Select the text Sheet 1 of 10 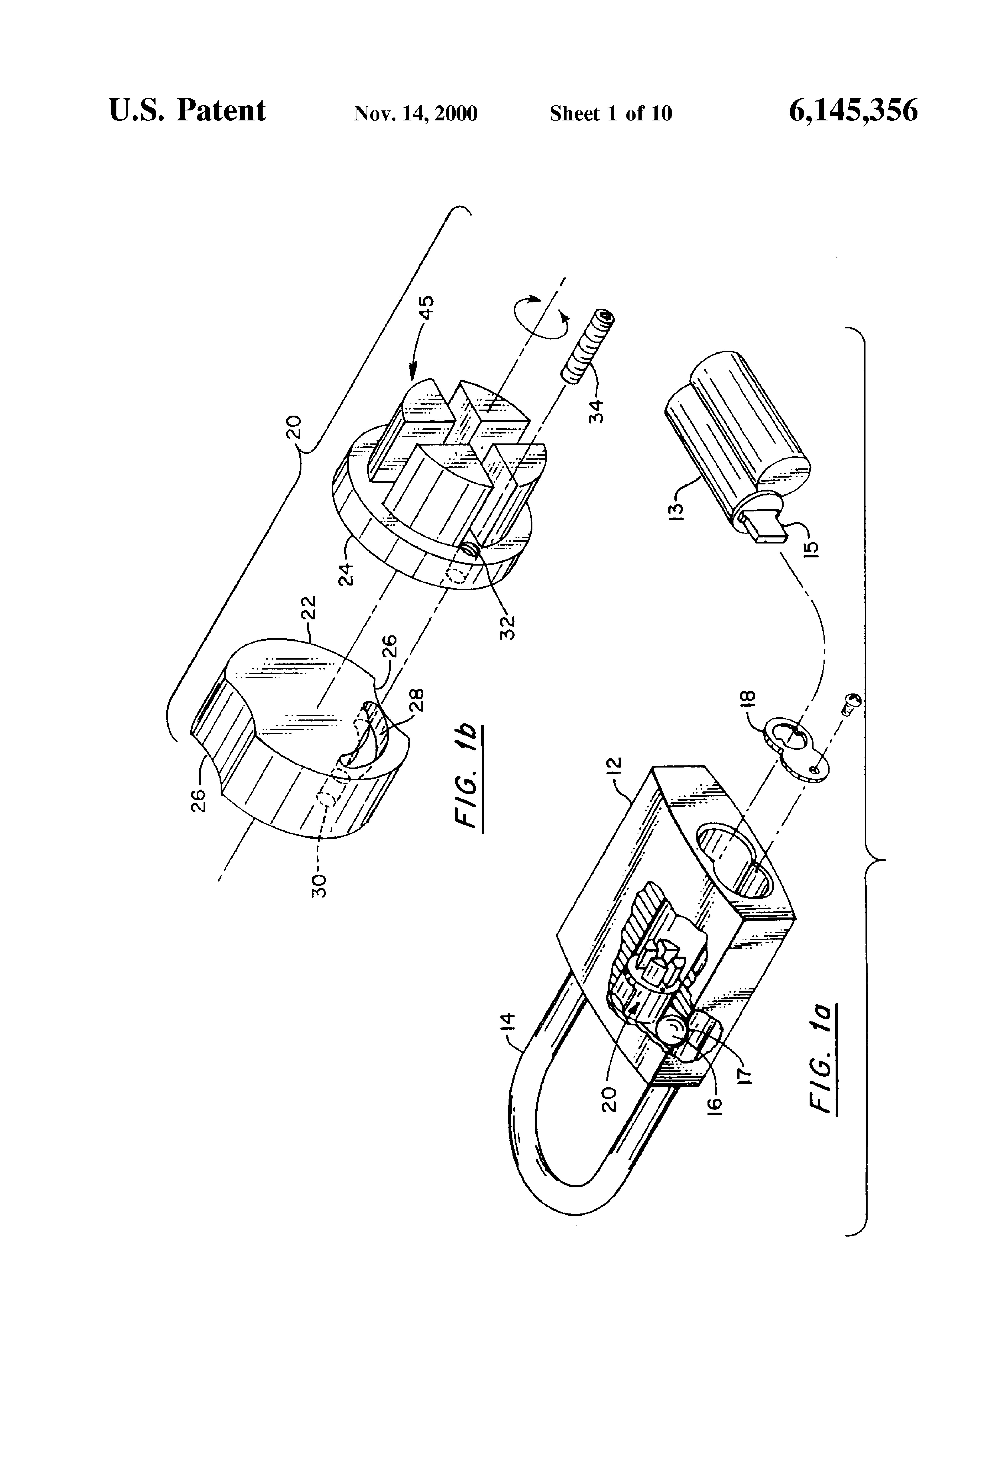(x=610, y=114)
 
